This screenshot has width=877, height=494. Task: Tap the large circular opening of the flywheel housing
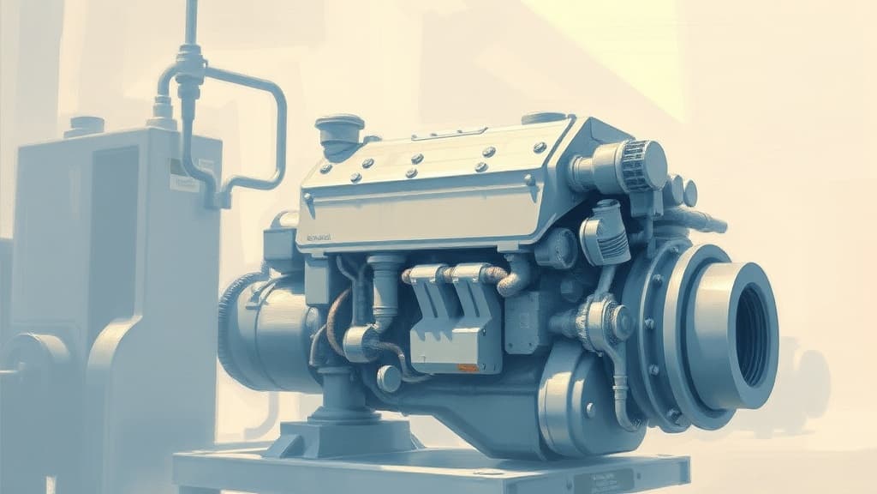[x=751, y=334]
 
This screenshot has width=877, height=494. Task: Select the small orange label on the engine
[x=467, y=367]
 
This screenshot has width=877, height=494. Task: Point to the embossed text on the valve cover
[x=319, y=238]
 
